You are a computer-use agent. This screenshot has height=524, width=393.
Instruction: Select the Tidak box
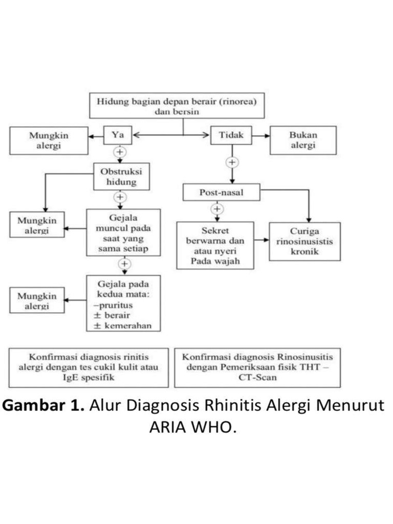click(x=232, y=135)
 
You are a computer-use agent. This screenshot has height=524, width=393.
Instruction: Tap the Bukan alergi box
click(x=303, y=140)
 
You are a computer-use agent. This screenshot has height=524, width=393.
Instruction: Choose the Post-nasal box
click(x=221, y=192)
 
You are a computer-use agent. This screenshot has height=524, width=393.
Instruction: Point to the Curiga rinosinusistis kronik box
click(x=304, y=242)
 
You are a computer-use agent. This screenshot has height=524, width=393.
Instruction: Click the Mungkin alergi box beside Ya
click(x=49, y=140)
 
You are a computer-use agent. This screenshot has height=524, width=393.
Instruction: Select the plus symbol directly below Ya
click(x=121, y=152)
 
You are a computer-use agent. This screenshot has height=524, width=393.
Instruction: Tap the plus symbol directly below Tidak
click(x=232, y=162)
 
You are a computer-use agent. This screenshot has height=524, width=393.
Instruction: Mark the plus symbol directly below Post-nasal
click(x=217, y=209)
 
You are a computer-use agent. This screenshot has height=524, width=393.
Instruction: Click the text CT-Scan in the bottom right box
click(x=257, y=377)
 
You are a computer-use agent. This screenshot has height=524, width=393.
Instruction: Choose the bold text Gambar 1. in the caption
click(x=45, y=405)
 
